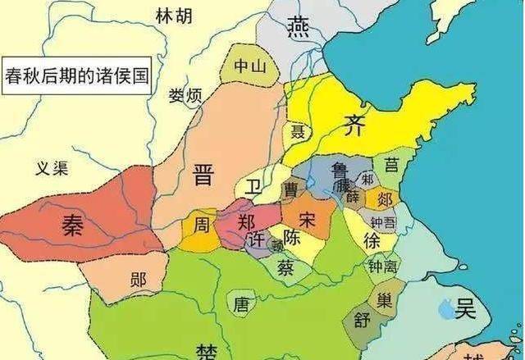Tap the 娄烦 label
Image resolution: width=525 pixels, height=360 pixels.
pyautogui.click(x=185, y=96)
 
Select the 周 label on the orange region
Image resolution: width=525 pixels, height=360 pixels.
pyautogui.click(x=201, y=223)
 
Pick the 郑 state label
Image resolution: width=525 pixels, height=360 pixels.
pyautogui.click(x=246, y=222)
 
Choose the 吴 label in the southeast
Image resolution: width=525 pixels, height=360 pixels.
pyautogui.click(x=466, y=308)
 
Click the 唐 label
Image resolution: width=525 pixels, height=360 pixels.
pyautogui.click(x=240, y=304)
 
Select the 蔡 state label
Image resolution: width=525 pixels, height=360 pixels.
pyautogui.click(x=285, y=267)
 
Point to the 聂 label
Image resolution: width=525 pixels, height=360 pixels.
pyautogui.click(x=296, y=131)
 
